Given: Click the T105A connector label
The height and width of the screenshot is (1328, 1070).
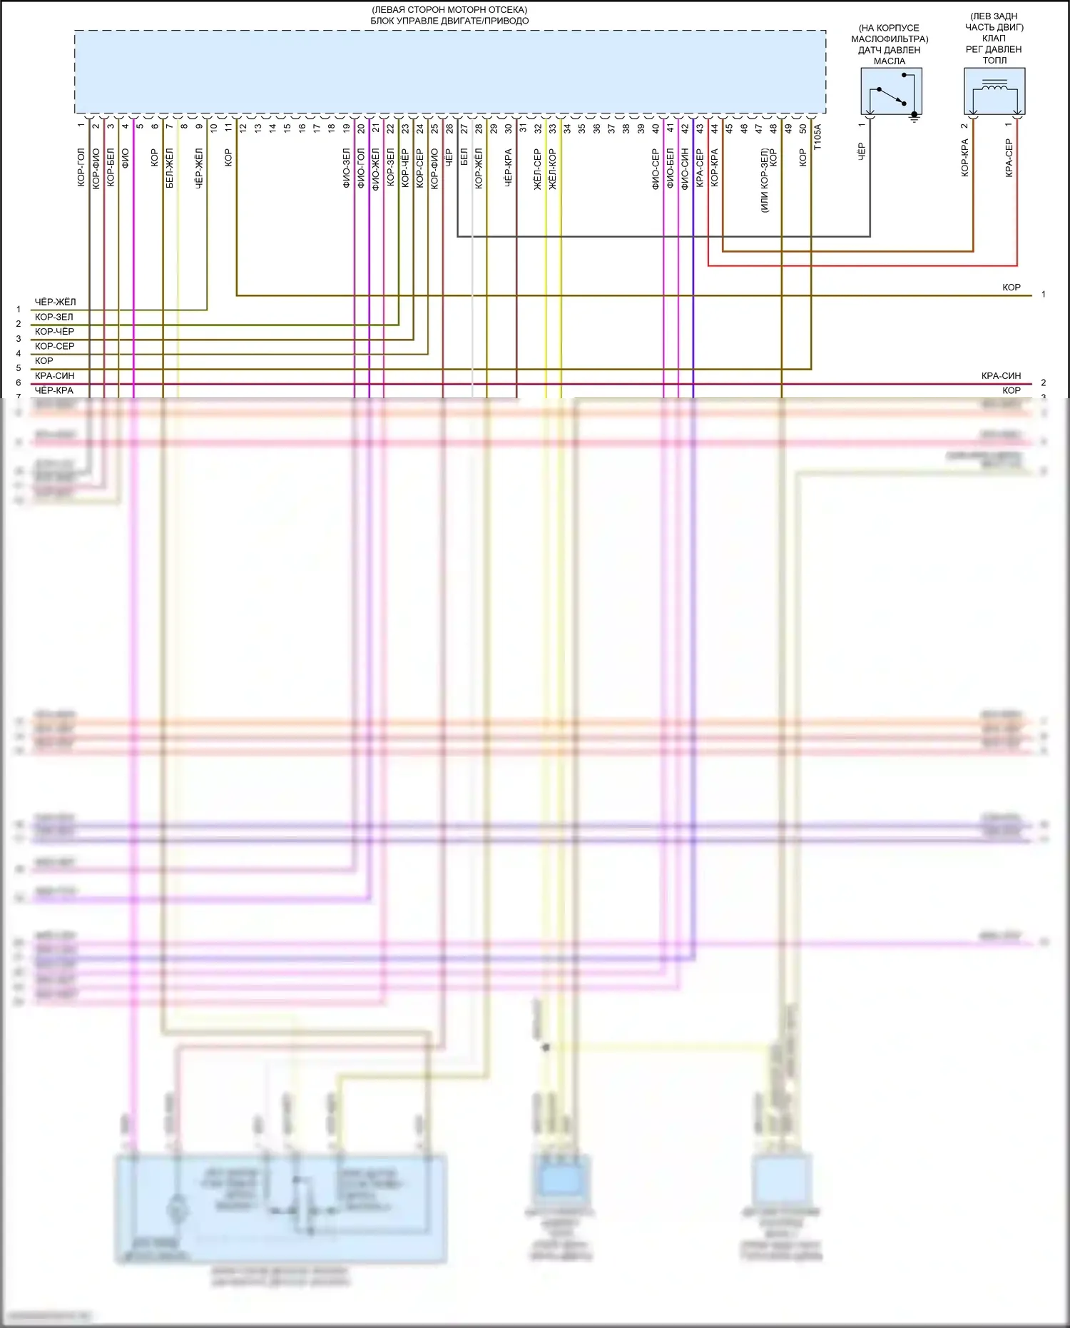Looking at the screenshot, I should coord(817,136).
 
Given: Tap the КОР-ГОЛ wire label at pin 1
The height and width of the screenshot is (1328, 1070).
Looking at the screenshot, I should coord(81,168).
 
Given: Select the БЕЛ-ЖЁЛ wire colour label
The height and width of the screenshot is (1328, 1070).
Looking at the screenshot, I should coord(170,168).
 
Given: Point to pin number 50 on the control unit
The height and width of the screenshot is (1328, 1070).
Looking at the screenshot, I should coord(803,129).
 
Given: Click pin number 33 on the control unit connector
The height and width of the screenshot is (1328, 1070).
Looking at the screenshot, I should coord(553,129).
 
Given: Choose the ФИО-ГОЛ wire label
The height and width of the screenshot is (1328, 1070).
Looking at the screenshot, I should coord(361,168).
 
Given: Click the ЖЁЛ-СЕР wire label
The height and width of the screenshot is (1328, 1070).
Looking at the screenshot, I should coord(538,169).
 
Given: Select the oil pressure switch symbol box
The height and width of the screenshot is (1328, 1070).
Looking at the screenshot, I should coord(891,91).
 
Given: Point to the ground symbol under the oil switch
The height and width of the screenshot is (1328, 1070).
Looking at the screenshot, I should coord(915,118).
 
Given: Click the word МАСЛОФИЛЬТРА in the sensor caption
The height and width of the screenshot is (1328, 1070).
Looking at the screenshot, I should coord(890,39).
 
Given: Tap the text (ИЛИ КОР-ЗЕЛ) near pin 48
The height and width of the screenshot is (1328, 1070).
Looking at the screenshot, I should coord(764,181).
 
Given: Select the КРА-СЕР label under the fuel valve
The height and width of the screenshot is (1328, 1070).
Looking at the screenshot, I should coord(1009,158).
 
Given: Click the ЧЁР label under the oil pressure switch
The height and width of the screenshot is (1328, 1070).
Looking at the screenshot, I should coord(861,151).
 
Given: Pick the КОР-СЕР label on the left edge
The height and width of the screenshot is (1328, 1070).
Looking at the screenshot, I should coord(54,346).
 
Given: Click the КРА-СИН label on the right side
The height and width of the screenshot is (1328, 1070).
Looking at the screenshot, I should coord(1001,375).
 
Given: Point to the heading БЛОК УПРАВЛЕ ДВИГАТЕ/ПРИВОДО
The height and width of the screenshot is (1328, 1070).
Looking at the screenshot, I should coord(449,21).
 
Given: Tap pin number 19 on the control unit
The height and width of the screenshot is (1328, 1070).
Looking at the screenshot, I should coord(347,129).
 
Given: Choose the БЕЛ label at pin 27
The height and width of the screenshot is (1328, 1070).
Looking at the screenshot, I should coord(464,158).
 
